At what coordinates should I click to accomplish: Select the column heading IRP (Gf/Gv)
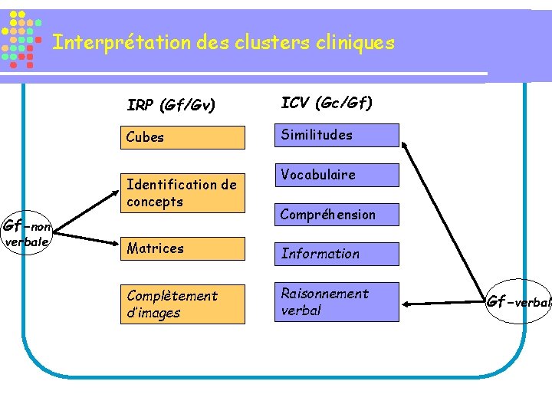(x=171, y=103)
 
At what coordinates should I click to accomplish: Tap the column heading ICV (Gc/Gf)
(x=327, y=102)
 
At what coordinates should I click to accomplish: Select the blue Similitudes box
(x=337, y=135)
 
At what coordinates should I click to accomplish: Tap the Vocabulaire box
(x=337, y=175)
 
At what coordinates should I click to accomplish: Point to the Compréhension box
(x=337, y=215)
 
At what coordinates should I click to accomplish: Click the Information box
(x=337, y=254)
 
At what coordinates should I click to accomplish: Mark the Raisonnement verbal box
(x=337, y=302)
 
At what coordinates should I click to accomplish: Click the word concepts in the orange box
(x=155, y=202)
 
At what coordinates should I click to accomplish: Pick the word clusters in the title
(x=275, y=42)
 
